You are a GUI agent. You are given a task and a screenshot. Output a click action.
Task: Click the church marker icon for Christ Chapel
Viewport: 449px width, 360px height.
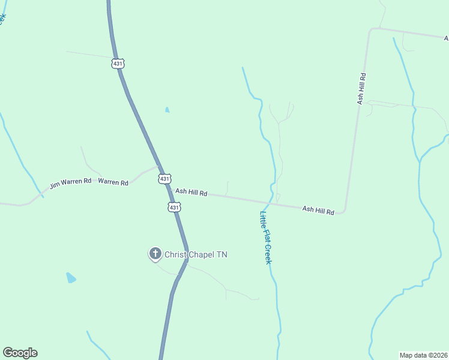click(x=155, y=254)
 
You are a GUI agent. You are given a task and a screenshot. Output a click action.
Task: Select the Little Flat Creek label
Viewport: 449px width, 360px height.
click(x=266, y=238)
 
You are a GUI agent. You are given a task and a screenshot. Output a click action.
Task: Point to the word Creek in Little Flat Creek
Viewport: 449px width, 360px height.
click(x=268, y=254)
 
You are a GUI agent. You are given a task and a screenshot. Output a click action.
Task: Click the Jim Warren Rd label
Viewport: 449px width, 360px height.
click(x=70, y=183)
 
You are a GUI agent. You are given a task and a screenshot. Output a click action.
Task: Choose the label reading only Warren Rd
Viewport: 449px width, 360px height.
click(x=113, y=182)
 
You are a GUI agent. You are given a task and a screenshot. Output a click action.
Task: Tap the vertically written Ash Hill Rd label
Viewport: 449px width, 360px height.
click(x=361, y=89)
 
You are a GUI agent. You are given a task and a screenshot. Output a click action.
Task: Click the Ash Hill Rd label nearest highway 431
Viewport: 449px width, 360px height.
click(x=191, y=193)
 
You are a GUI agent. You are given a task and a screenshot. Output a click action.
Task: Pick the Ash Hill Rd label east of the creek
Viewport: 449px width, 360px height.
click(x=318, y=210)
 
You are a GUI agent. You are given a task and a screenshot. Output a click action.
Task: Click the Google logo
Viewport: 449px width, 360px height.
click(x=20, y=353)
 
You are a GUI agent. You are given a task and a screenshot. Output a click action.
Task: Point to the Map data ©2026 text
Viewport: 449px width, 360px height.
click(x=423, y=355)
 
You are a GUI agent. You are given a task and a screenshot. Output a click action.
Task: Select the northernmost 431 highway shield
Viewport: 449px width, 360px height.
click(x=118, y=63)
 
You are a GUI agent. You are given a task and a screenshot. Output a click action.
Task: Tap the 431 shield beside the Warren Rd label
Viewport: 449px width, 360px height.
click(x=165, y=178)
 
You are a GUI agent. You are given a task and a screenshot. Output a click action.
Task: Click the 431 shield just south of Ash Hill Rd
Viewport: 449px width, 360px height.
click(x=173, y=207)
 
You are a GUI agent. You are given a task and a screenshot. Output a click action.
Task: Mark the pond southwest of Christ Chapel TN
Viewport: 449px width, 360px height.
click(x=71, y=278)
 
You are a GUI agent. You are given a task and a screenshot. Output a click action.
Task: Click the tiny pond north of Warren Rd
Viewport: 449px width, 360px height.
click(x=167, y=110)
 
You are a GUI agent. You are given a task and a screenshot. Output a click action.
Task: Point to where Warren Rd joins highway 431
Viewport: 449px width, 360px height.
click(x=158, y=167)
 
